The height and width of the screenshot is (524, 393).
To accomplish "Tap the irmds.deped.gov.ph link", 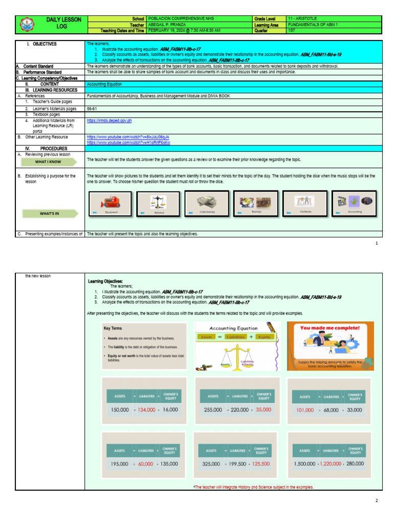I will [110, 121].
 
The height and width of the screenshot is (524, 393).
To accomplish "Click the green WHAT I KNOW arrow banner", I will [49, 162].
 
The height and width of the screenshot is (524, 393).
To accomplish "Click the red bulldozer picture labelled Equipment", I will [110, 202].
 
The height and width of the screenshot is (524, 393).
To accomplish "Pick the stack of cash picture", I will [207, 202].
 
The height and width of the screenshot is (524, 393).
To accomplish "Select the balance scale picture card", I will [158, 202].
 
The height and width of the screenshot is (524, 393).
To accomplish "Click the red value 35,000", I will [264, 410].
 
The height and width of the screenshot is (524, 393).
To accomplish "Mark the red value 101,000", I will [305, 410].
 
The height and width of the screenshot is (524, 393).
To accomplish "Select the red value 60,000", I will [146, 464].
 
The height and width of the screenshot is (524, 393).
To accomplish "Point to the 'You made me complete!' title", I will [330, 327].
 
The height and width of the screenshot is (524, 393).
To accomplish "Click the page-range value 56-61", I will [93, 108].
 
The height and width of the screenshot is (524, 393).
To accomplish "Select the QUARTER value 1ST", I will [292, 30].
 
